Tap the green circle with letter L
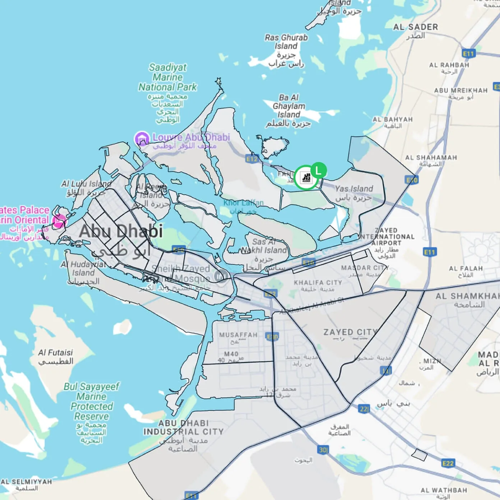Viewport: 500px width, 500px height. point(318,170)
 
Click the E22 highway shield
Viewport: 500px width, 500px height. point(448,463)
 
